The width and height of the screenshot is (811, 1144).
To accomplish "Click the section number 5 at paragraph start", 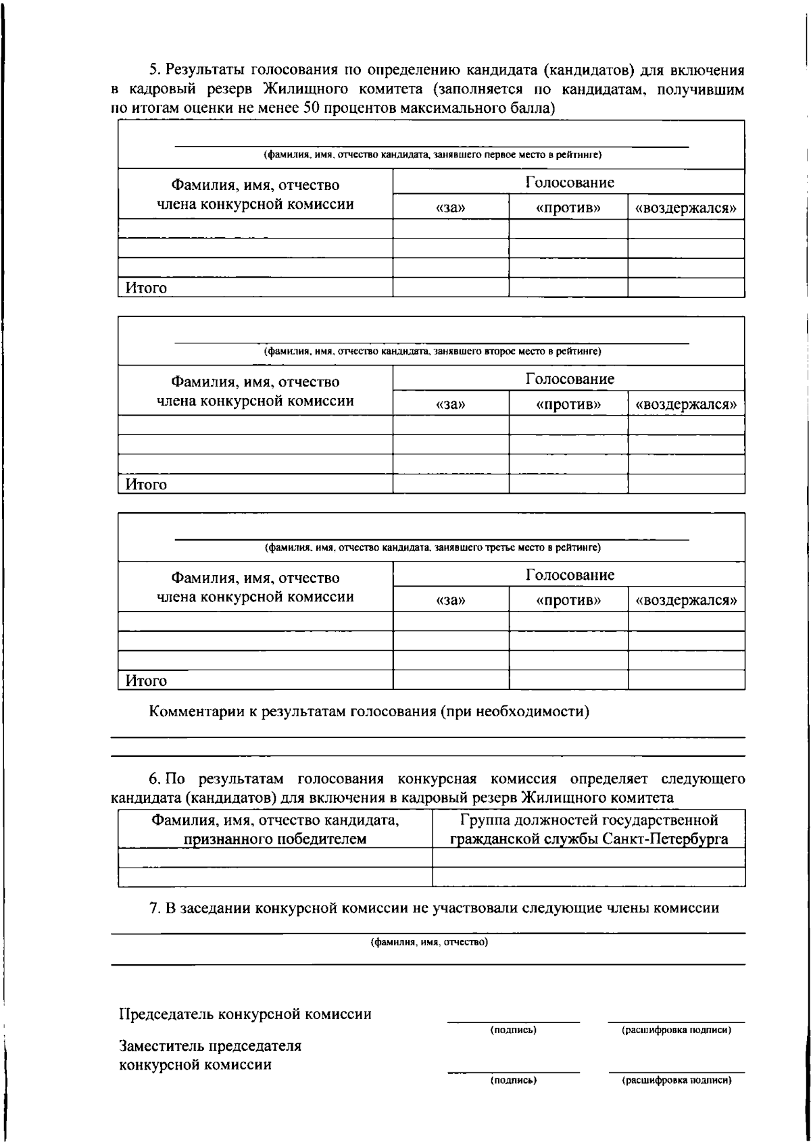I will click(x=153, y=70).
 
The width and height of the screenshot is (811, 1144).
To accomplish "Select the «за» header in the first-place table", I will click(x=451, y=208).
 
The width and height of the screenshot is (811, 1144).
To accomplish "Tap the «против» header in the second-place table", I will click(x=568, y=405).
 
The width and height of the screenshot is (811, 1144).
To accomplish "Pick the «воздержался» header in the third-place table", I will click(x=686, y=600).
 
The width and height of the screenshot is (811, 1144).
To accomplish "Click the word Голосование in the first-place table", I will click(x=570, y=182).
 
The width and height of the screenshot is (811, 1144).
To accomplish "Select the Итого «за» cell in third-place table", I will click(x=451, y=680).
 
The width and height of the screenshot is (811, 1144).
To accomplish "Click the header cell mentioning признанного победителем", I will click(x=275, y=830).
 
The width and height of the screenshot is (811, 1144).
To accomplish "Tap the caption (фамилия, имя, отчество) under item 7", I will click(x=429, y=942).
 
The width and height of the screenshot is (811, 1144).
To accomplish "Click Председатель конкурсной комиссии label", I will click(x=245, y=1014).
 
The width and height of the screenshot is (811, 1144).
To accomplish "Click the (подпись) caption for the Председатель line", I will click(x=514, y=1030).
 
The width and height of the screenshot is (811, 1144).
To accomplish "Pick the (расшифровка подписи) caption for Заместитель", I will click(x=677, y=1080).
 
